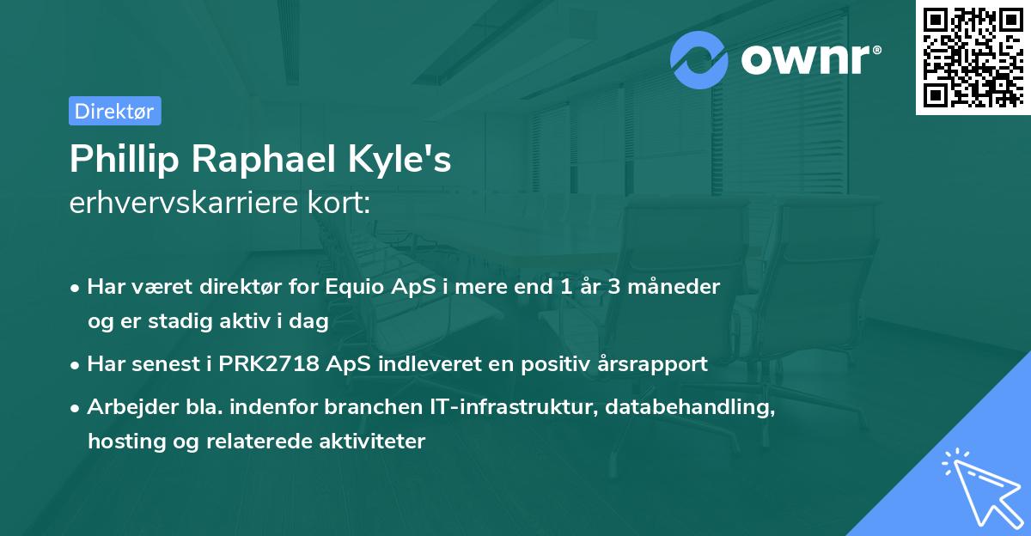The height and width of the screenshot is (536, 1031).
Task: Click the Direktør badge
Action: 114,111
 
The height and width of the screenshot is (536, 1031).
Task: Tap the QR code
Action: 972,57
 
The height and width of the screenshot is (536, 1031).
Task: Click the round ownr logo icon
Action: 700,59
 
